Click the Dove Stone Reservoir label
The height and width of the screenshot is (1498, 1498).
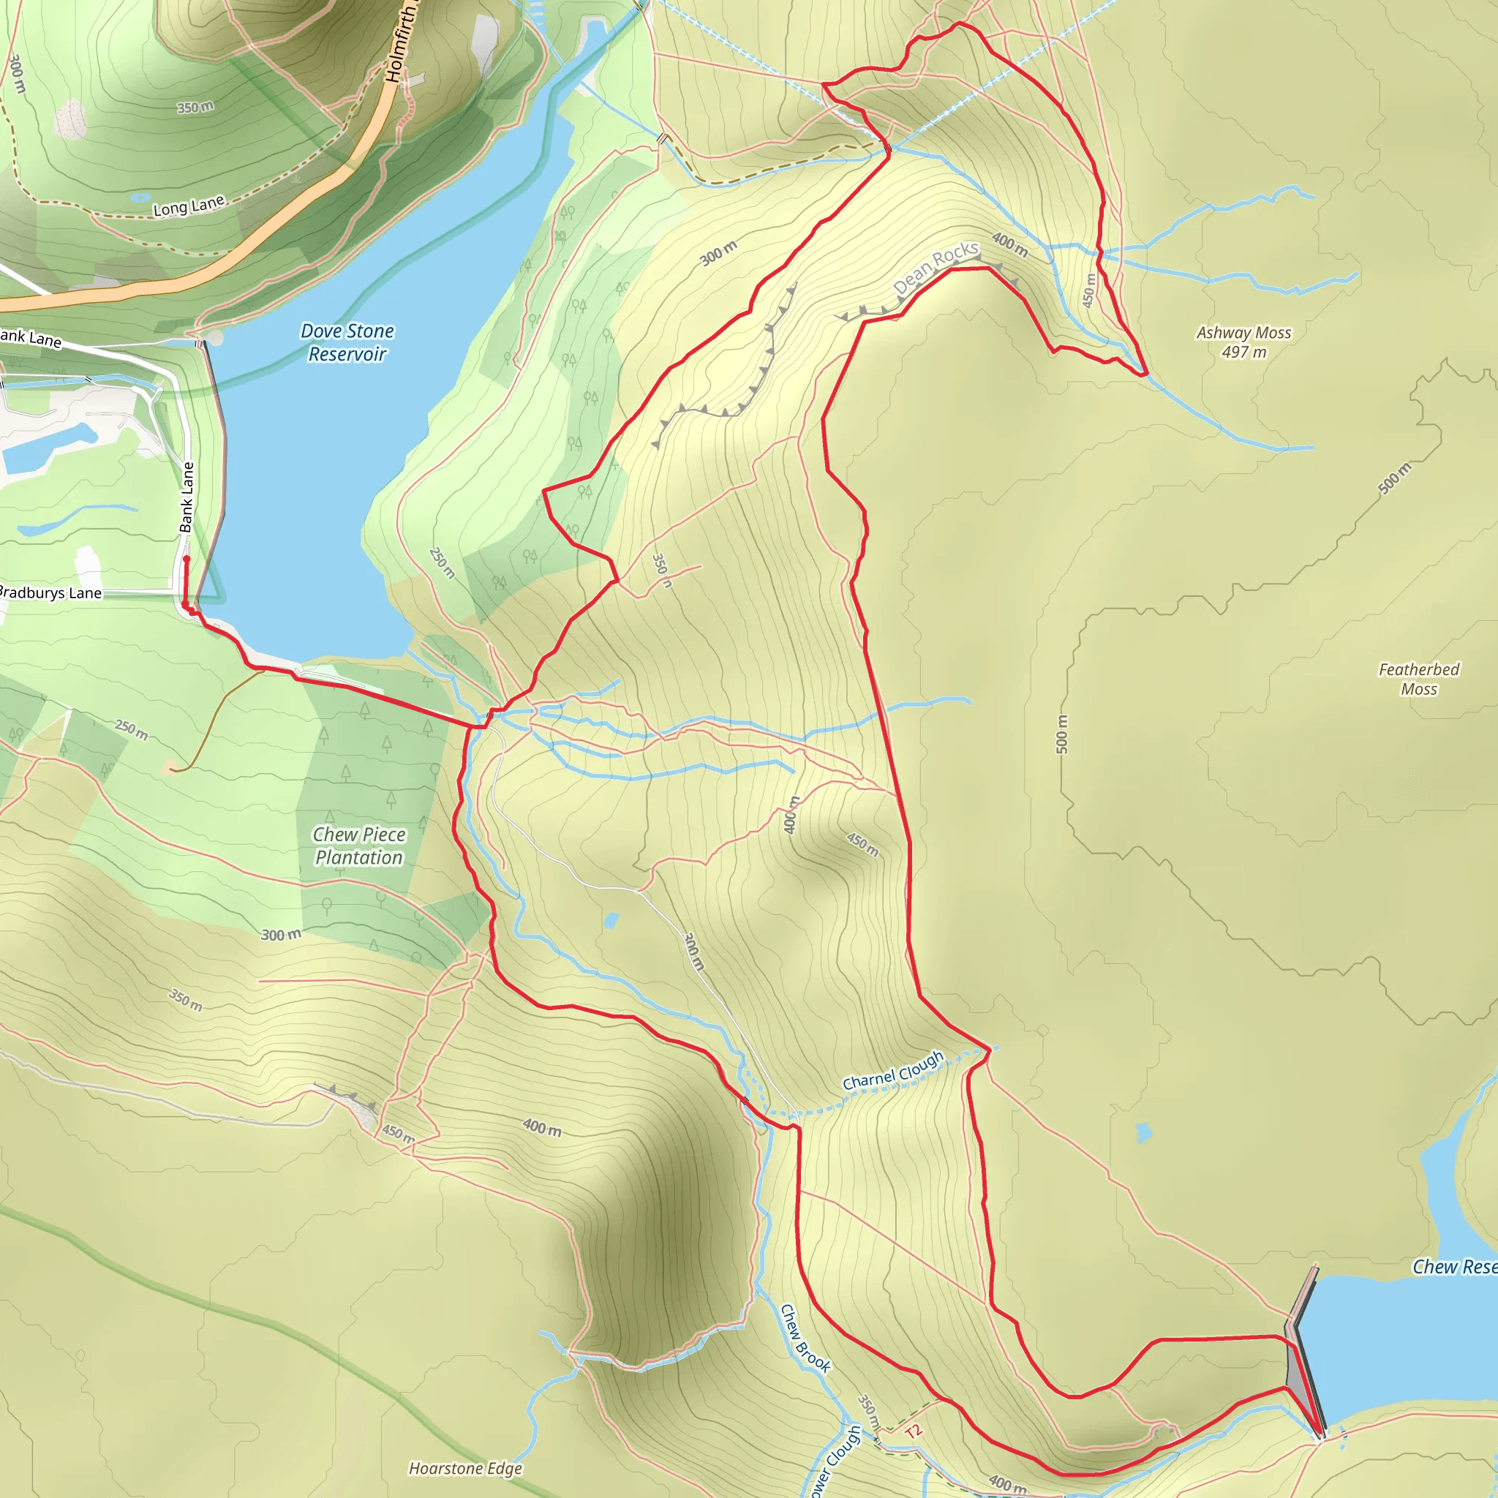[x=347, y=342]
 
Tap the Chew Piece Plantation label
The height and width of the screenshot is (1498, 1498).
[x=359, y=846]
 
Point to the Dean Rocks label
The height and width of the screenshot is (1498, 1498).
[x=936, y=268]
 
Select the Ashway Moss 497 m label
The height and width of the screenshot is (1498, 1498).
[x=1243, y=342]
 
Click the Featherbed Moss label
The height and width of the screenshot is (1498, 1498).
[x=1418, y=679]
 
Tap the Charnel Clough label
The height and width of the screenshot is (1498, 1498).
[x=893, y=1070]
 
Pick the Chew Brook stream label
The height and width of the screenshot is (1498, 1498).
[x=805, y=1339]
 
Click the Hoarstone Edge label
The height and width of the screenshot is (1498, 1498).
[x=465, y=1468]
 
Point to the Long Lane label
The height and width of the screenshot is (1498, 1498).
[x=189, y=206]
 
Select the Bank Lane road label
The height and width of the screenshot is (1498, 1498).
[x=187, y=497]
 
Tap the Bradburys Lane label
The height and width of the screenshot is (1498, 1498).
[x=50, y=593]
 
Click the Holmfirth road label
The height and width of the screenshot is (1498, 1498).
[x=400, y=42]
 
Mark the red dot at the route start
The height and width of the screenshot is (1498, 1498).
[x=186, y=558]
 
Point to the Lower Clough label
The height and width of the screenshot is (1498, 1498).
[x=835, y=1461]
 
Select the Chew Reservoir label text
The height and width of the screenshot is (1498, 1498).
[x=1454, y=1267]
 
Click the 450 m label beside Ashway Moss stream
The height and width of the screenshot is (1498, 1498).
[x=1089, y=290]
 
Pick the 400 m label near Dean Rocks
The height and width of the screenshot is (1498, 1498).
[x=1009, y=245]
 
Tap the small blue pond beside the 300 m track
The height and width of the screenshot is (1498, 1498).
[x=611, y=920]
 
